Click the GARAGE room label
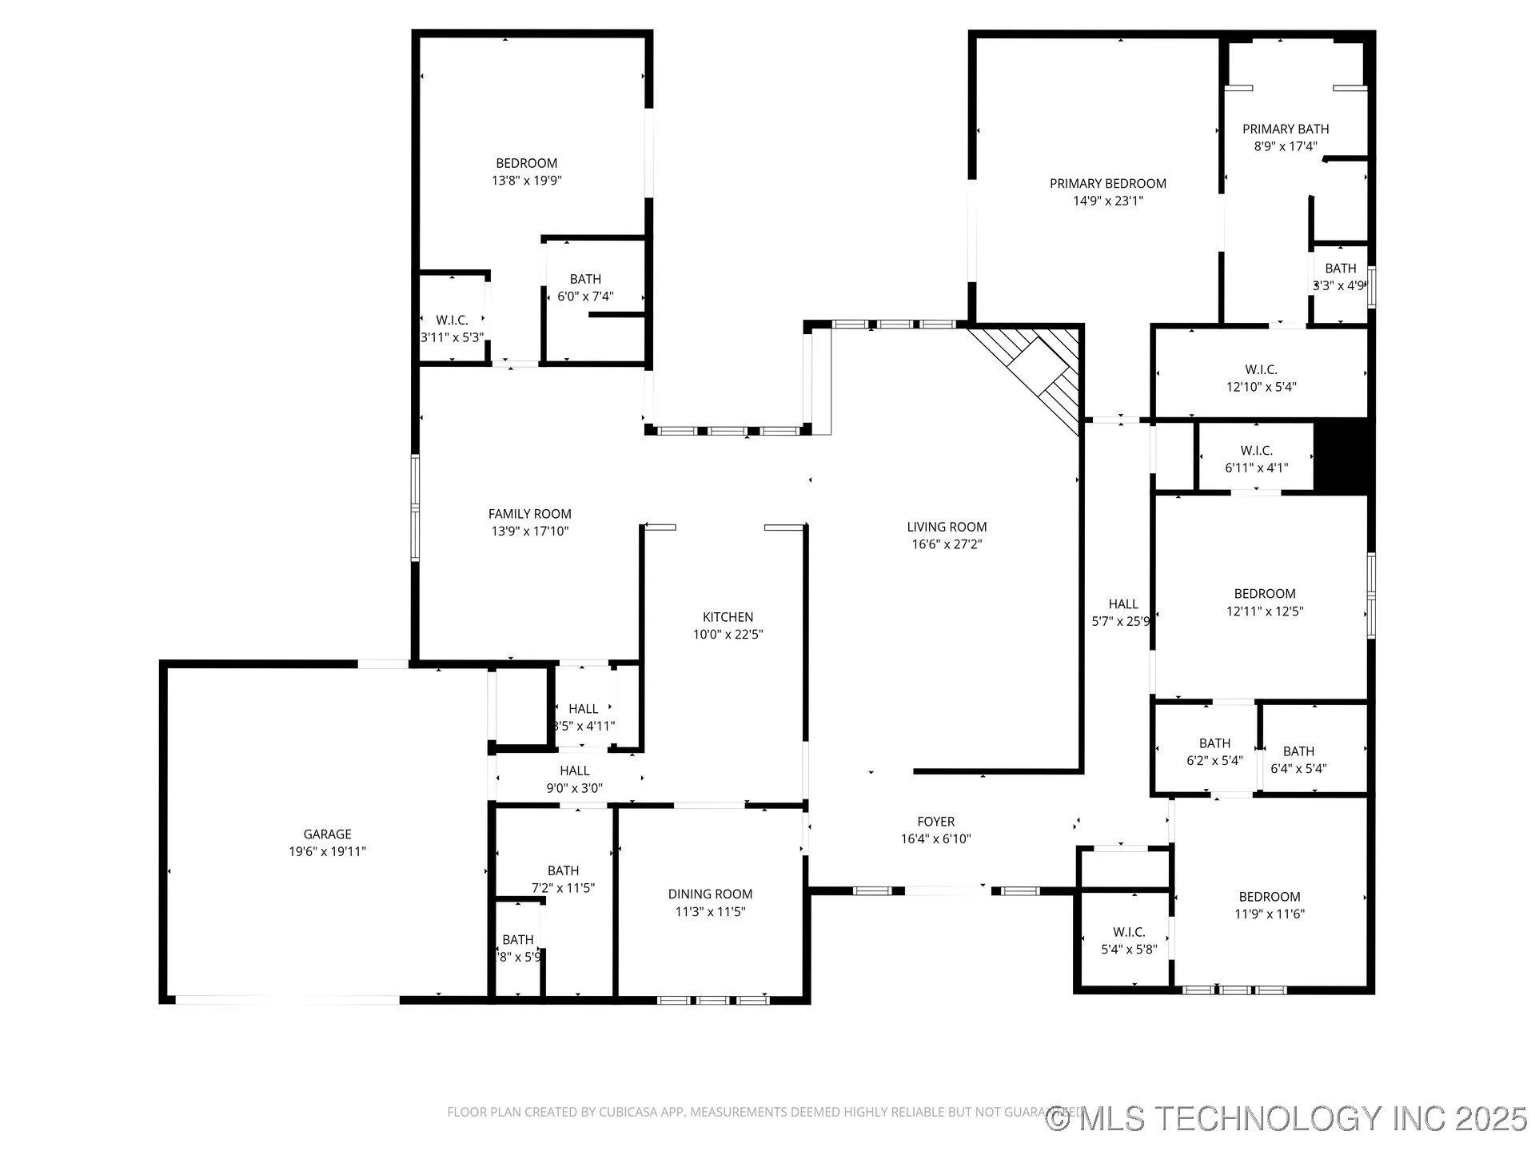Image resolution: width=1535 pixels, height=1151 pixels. (x=327, y=834)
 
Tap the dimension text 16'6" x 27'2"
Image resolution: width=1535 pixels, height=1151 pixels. (x=947, y=544)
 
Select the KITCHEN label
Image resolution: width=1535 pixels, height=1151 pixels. (x=728, y=617)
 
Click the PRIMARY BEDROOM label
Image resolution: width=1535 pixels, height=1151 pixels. (x=1107, y=184)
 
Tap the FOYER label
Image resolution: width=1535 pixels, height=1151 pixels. (x=935, y=822)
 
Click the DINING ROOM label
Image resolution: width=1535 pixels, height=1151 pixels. (x=710, y=894)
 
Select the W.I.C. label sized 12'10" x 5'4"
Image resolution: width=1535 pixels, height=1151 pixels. (x=1261, y=369)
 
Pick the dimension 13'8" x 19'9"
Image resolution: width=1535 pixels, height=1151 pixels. (x=526, y=181)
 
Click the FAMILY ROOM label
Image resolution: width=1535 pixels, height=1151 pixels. (x=529, y=514)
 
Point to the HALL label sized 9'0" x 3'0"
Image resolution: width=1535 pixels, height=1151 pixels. (x=574, y=771)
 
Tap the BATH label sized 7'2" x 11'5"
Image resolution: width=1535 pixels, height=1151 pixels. (x=563, y=870)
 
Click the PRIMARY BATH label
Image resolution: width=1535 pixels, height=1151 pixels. (x=1285, y=129)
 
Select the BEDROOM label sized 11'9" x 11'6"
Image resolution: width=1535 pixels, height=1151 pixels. (x=1269, y=897)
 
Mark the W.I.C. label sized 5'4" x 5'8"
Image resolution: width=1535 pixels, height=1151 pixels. (x=1128, y=932)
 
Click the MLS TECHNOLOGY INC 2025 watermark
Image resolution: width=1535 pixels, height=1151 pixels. (x=1287, y=1118)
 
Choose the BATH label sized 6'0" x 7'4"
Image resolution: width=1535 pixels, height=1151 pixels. (x=585, y=279)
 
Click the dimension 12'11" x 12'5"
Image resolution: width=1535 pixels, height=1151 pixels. (x=1265, y=611)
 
